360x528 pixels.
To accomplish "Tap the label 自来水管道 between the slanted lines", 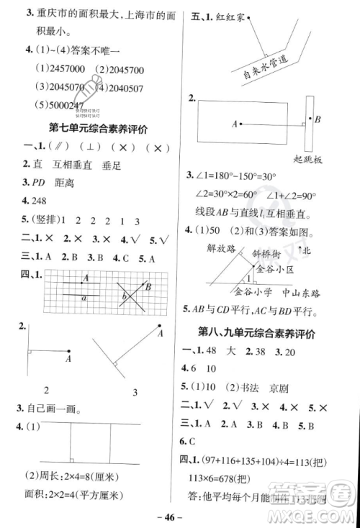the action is pyautogui.click(x=261, y=65).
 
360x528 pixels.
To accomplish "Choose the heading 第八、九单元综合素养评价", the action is pyautogui.click(x=268, y=334).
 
